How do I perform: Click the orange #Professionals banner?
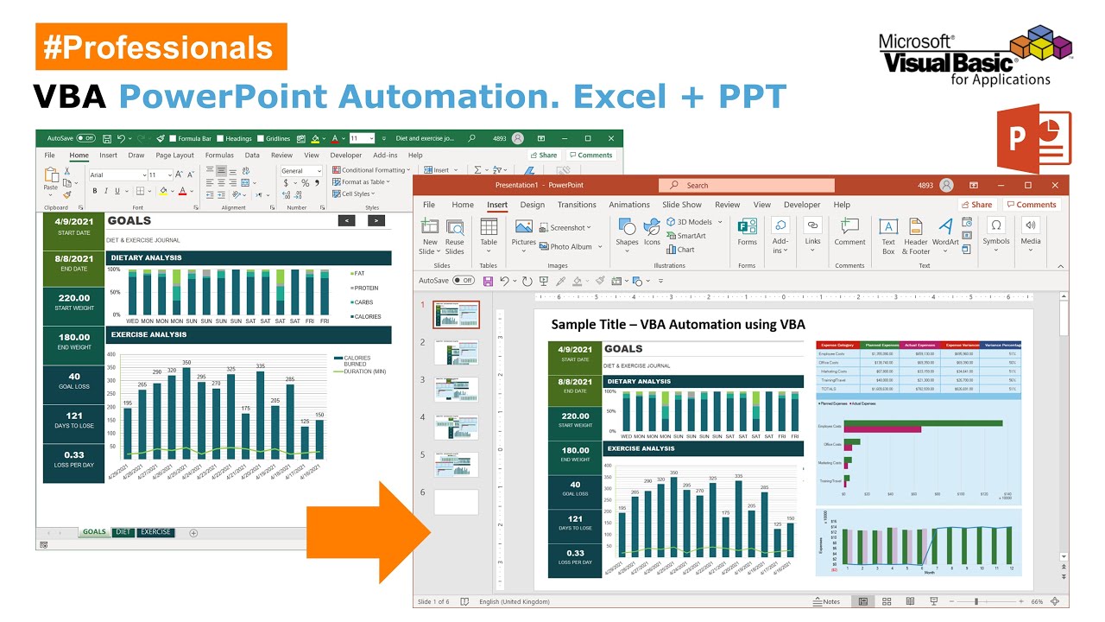point(161,48)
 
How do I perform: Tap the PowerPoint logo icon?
point(1033,139)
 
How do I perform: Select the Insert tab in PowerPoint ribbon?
point(497,205)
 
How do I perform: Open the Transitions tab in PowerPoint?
point(577,205)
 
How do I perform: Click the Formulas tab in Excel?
point(219,155)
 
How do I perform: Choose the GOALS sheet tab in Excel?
point(94,532)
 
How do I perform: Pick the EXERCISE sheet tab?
point(155,532)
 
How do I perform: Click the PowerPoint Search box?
point(747,185)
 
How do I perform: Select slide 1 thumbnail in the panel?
point(456,315)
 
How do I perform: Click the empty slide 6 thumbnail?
point(456,502)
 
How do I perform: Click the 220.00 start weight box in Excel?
point(73,301)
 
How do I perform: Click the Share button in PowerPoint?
point(976,205)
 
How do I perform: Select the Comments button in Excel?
point(590,155)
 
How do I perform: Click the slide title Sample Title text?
point(678,325)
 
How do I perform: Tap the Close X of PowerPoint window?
point(1055,185)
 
